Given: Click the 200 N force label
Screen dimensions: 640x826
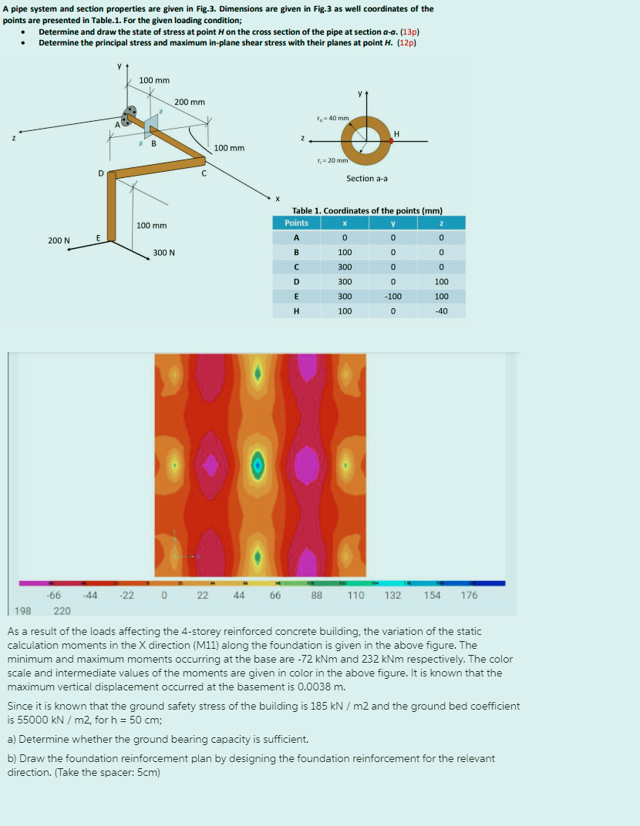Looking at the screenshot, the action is [59, 240].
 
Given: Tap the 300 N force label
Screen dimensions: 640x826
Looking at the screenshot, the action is [163, 253].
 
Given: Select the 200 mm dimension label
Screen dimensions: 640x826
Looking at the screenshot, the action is [189, 102].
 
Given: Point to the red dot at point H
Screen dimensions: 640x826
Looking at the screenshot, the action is [391, 140].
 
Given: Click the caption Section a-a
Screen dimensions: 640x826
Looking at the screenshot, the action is [367, 178].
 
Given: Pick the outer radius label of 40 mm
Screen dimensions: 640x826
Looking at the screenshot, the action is [333, 118].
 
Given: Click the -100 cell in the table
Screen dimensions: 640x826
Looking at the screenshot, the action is [393, 296].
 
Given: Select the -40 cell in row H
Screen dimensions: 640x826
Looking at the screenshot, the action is [441, 311].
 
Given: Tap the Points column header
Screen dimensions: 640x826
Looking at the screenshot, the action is [296, 223].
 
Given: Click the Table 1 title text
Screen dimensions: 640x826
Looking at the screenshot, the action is [367, 210].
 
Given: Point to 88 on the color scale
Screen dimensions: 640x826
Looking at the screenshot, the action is [317, 595].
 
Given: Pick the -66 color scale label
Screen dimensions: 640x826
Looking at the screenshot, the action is [54, 595].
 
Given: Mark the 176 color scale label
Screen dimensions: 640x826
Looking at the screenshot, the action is [469, 595].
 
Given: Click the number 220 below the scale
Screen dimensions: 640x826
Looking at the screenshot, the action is [62, 610].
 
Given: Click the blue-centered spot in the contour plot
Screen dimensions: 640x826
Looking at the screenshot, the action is [259, 465].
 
